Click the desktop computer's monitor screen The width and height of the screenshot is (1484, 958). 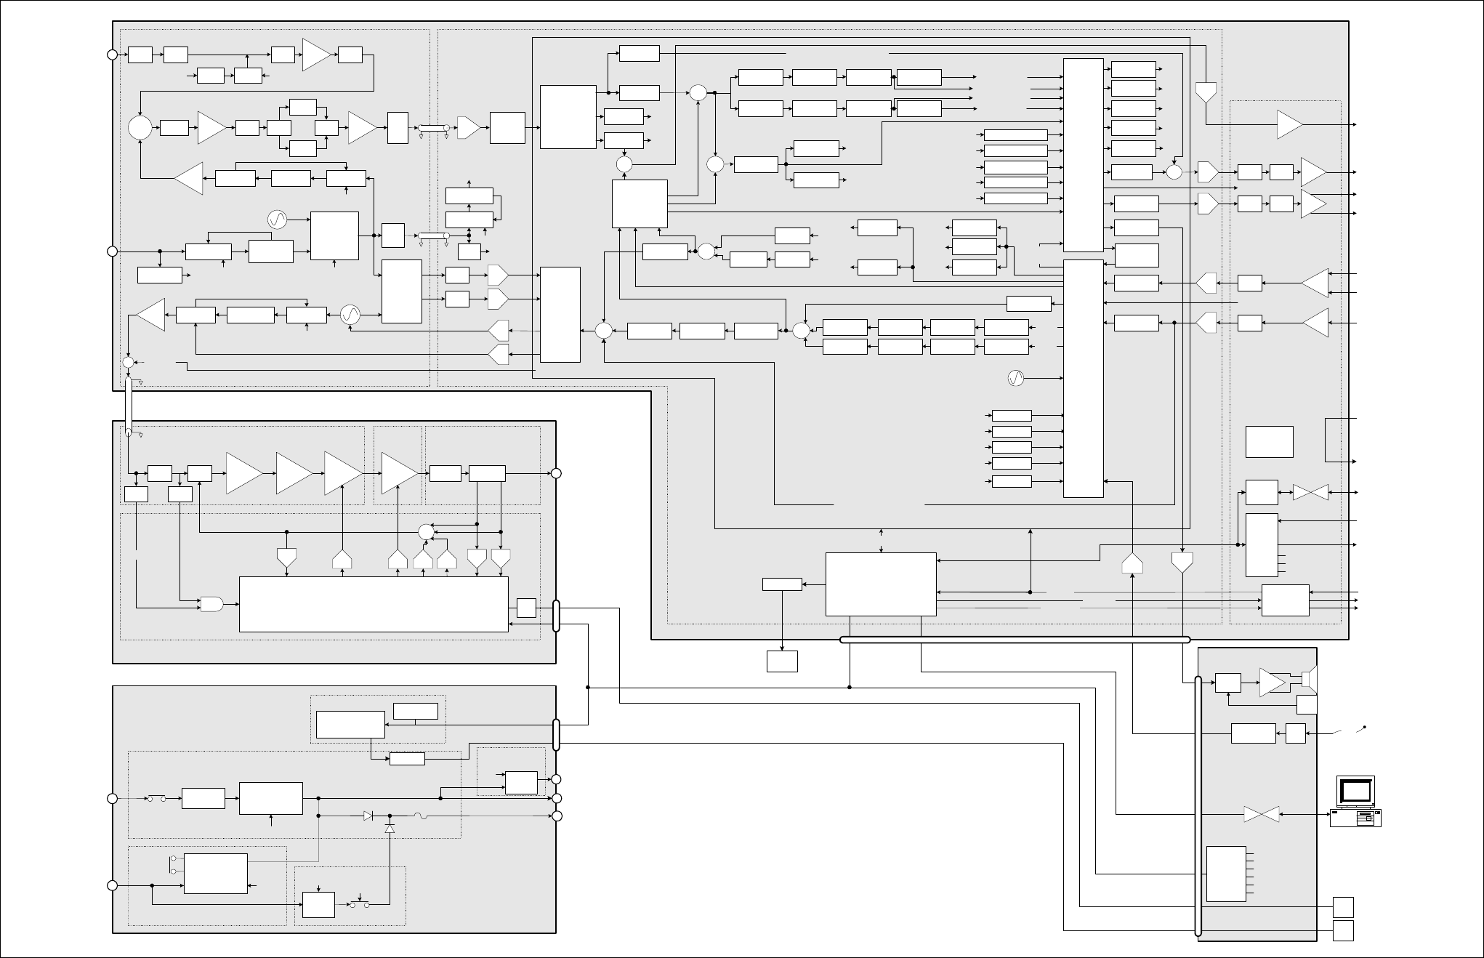(1355, 790)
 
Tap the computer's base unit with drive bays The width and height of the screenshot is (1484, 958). (1355, 818)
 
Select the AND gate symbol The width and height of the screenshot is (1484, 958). (211, 603)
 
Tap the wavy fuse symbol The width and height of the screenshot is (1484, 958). (419, 816)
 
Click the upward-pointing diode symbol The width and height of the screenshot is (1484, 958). (390, 829)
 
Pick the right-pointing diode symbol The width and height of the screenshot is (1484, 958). (368, 816)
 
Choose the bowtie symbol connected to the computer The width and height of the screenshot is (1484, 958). (1262, 815)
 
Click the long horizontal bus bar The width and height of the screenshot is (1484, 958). (1015, 640)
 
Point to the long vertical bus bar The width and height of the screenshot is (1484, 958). (1198, 807)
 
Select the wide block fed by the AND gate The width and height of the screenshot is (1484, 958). (374, 604)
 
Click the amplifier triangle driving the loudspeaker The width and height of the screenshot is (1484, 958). (1272, 683)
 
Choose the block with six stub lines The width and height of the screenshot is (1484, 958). (1226, 874)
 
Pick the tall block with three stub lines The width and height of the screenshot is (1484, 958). (1262, 544)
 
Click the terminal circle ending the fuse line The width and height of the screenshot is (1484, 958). (557, 816)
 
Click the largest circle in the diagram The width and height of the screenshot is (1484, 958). (140, 128)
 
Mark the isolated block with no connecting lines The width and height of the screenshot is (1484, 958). (1269, 442)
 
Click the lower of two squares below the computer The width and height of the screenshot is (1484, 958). (1343, 930)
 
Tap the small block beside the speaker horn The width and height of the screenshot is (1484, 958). (1306, 704)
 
